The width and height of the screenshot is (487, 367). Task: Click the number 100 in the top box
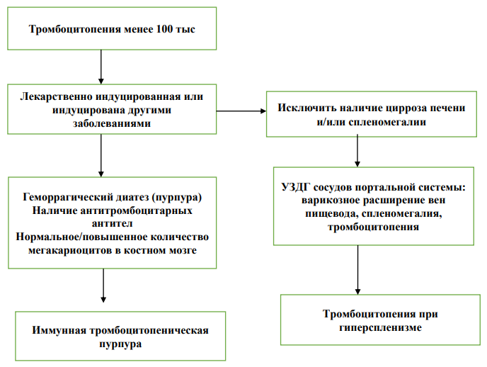[x=165, y=29]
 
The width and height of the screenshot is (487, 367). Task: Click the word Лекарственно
[x=56, y=96]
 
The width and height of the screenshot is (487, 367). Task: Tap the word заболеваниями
[x=112, y=123]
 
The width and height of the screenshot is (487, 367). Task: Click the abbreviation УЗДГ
[x=296, y=187]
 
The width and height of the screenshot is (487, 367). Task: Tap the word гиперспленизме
[x=381, y=327]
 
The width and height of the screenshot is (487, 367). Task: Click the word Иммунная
[x=59, y=330]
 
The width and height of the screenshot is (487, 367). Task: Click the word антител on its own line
[x=112, y=223]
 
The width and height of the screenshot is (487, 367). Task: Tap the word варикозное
[x=331, y=201]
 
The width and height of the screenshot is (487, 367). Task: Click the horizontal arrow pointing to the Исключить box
[x=241, y=111]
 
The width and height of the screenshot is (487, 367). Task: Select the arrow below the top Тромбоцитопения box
[x=101, y=67]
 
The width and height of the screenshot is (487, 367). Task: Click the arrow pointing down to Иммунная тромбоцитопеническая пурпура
[x=103, y=286]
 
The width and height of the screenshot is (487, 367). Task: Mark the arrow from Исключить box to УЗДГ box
[x=357, y=151]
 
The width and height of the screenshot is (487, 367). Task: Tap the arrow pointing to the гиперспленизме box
[x=357, y=270]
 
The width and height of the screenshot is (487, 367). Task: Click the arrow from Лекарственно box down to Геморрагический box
[x=101, y=156]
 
